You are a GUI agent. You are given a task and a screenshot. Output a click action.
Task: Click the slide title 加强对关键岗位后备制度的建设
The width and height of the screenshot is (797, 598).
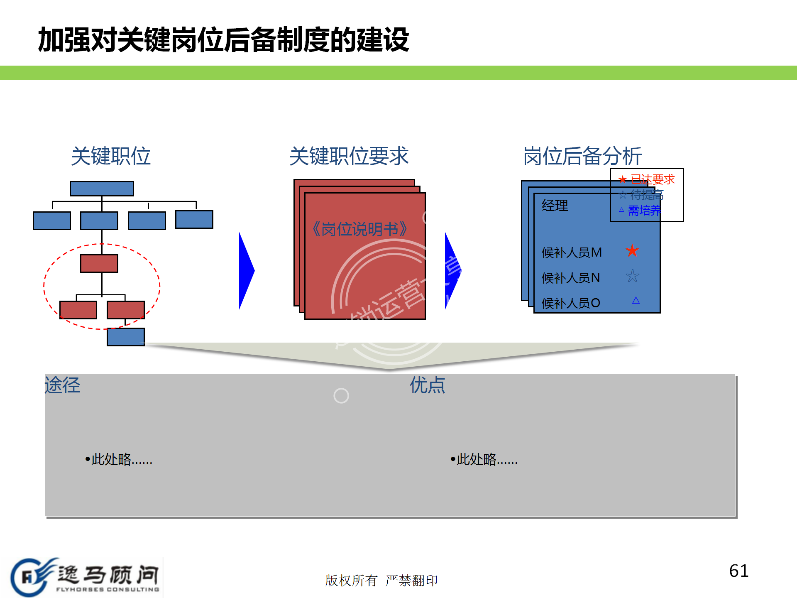click(x=223, y=40)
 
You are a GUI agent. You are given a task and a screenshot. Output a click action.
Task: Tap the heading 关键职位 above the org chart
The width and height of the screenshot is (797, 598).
click(x=110, y=156)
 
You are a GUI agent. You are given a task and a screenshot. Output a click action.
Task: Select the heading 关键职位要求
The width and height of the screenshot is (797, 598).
click(x=349, y=156)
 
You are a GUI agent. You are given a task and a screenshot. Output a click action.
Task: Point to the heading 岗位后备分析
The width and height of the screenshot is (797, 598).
click(x=582, y=156)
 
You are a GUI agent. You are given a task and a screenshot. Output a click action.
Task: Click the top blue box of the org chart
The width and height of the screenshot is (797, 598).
click(x=102, y=189)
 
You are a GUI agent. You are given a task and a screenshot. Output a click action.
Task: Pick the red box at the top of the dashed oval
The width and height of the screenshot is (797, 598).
click(x=99, y=263)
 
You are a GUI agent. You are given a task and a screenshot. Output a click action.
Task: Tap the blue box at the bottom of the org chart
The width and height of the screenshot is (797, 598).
click(x=125, y=337)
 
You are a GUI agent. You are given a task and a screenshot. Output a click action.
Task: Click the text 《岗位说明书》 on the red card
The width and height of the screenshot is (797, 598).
click(x=359, y=229)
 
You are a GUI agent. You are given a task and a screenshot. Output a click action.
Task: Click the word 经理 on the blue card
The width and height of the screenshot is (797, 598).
click(x=555, y=206)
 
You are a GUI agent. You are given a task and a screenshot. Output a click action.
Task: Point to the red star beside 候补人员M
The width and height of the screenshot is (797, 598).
click(x=632, y=250)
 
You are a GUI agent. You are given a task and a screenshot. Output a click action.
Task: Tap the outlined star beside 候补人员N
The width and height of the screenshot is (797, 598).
click(x=632, y=276)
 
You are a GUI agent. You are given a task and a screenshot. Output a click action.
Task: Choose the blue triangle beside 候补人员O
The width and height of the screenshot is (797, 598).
click(x=636, y=300)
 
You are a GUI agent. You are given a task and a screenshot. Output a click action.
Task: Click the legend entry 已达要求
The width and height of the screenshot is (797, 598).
click(x=652, y=179)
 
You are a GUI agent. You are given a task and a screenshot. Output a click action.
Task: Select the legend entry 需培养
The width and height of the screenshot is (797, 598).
click(x=643, y=211)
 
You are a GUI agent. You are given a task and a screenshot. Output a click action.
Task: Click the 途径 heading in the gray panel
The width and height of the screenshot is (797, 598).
click(x=62, y=385)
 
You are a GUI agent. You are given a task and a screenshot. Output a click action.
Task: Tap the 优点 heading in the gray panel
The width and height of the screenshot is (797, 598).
click(x=428, y=385)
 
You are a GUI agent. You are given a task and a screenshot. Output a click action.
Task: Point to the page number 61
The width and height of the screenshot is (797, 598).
click(x=738, y=571)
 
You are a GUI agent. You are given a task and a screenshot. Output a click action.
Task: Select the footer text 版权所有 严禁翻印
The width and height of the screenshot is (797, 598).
click(x=381, y=580)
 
